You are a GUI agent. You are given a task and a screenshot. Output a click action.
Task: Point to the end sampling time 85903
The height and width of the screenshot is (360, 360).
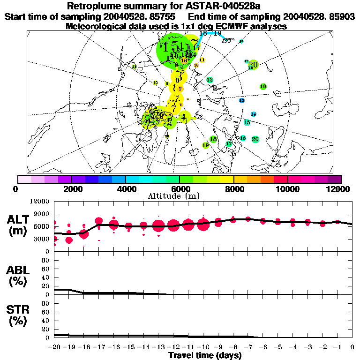[x=342, y=17]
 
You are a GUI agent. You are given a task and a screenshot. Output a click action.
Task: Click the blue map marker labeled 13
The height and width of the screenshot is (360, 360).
[x=242, y=100]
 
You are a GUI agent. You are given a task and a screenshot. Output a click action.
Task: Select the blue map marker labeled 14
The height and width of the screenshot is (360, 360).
[x=254, y=114]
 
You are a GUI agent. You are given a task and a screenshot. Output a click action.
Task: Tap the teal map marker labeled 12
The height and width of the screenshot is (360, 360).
[x=210, y=80]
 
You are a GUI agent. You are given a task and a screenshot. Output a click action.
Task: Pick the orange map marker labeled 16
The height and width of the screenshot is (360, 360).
[x=184, y=60]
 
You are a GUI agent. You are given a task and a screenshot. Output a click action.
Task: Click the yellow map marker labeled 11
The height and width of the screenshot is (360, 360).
[x=202, y=60]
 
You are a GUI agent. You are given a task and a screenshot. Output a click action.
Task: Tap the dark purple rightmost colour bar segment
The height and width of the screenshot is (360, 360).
[x=335, y=179]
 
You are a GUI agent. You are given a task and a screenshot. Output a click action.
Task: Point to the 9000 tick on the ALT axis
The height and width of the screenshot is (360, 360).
[x=42, y=214]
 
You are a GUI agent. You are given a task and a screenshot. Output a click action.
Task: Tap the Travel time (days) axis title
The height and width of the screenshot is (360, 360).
[x=205, y=356]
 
